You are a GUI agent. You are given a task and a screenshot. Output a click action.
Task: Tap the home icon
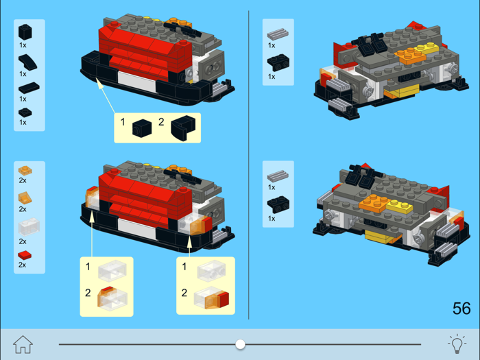click(23, 344)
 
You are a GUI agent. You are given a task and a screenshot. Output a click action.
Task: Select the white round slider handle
click(240, 344)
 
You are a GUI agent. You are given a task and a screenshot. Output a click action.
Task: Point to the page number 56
click(461, 309)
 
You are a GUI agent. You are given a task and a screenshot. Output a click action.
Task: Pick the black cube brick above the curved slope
click(25, 32)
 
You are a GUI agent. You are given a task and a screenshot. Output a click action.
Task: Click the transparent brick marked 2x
click(28, 226)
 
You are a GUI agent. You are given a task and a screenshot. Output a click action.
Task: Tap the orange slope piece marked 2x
click(26, 198)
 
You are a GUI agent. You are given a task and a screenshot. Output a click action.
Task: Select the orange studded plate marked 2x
click(25, 169)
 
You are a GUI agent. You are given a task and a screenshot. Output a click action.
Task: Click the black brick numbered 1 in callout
click(142, 127)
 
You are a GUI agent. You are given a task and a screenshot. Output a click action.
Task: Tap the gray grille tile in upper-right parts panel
click(278, 34)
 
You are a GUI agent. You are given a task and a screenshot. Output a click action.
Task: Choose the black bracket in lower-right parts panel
click(278, 203)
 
